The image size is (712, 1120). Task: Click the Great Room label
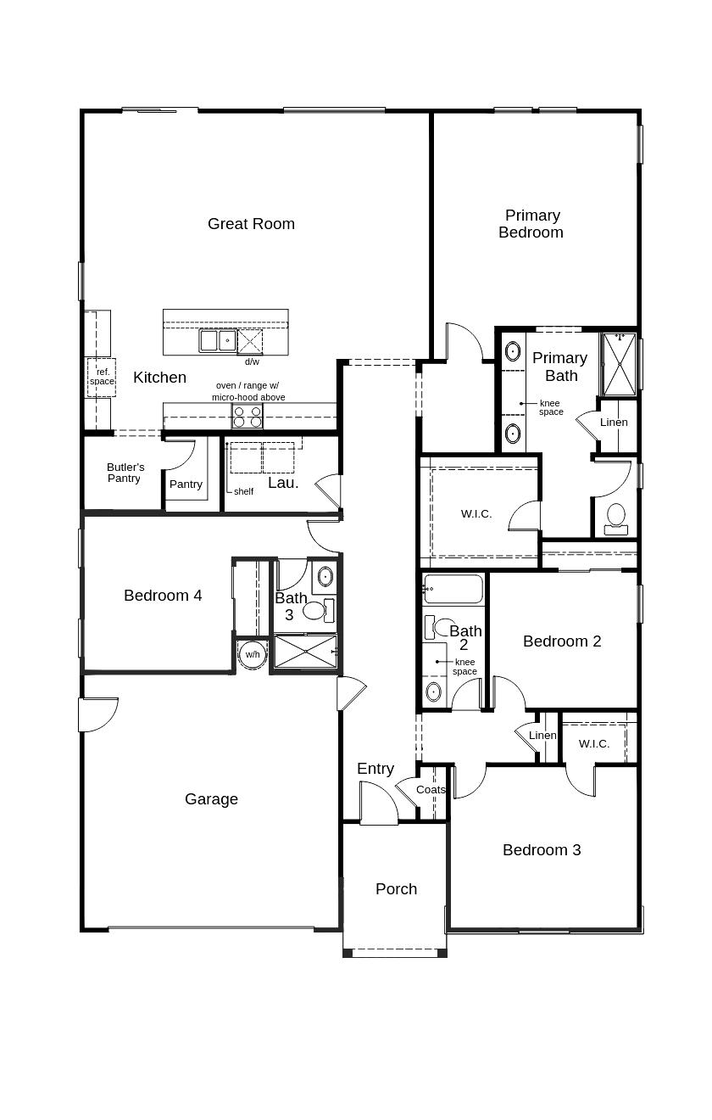tap(251, 224)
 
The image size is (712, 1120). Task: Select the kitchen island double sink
tap(218, 341)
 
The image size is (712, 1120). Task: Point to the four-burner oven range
tap(248, 417)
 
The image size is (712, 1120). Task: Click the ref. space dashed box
tap(102, 377)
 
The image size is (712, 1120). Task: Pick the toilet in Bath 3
tap(315, 609)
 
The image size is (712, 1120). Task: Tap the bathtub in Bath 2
tap(453, 588)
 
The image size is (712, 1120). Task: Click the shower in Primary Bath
tap(619, 365)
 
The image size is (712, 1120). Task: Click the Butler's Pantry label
tap(125, 473)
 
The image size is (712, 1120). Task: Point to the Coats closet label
tap(431, 790)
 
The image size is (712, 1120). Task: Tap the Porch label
tap(396, 889)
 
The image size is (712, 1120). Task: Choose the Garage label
tap(211, 799)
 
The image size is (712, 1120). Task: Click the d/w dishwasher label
tap(252, 362)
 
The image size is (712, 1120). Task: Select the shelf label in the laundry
tap(243, 491)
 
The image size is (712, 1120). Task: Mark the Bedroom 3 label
tap(542, 850)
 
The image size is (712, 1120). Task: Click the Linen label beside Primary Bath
tap(614, 423)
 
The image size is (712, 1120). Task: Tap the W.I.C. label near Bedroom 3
tap(594, 744)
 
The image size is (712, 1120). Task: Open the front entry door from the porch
tap(378, 804)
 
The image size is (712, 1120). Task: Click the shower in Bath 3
tap(304, 652)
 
